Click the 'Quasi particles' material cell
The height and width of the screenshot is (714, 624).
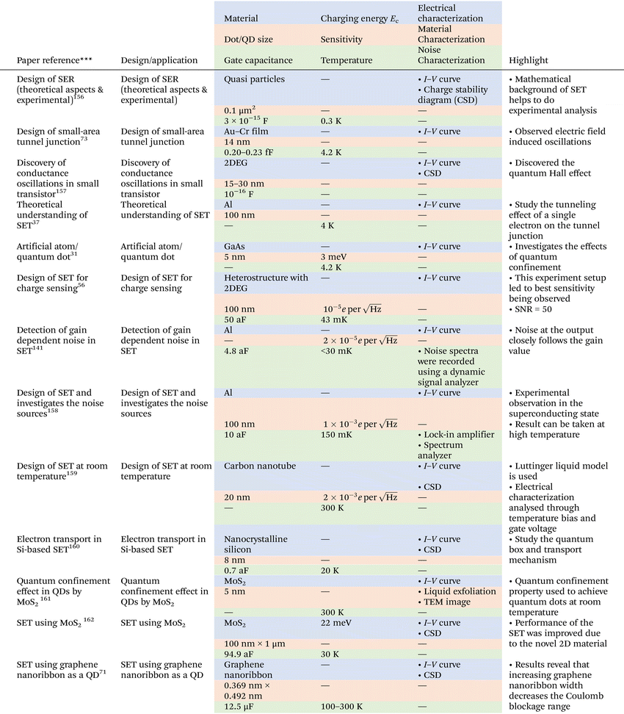pyautogui.click(x=254, y=79)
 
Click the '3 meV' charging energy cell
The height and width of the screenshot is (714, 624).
pyautogui.click(x=333, y=258)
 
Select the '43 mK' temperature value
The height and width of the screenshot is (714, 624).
pyautogui.click(x=335, y=320)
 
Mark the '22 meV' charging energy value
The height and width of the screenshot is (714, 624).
pyautogui.click(x=335, y=623)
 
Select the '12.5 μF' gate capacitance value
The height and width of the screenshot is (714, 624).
pyautogui.click(x=242, y=706)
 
